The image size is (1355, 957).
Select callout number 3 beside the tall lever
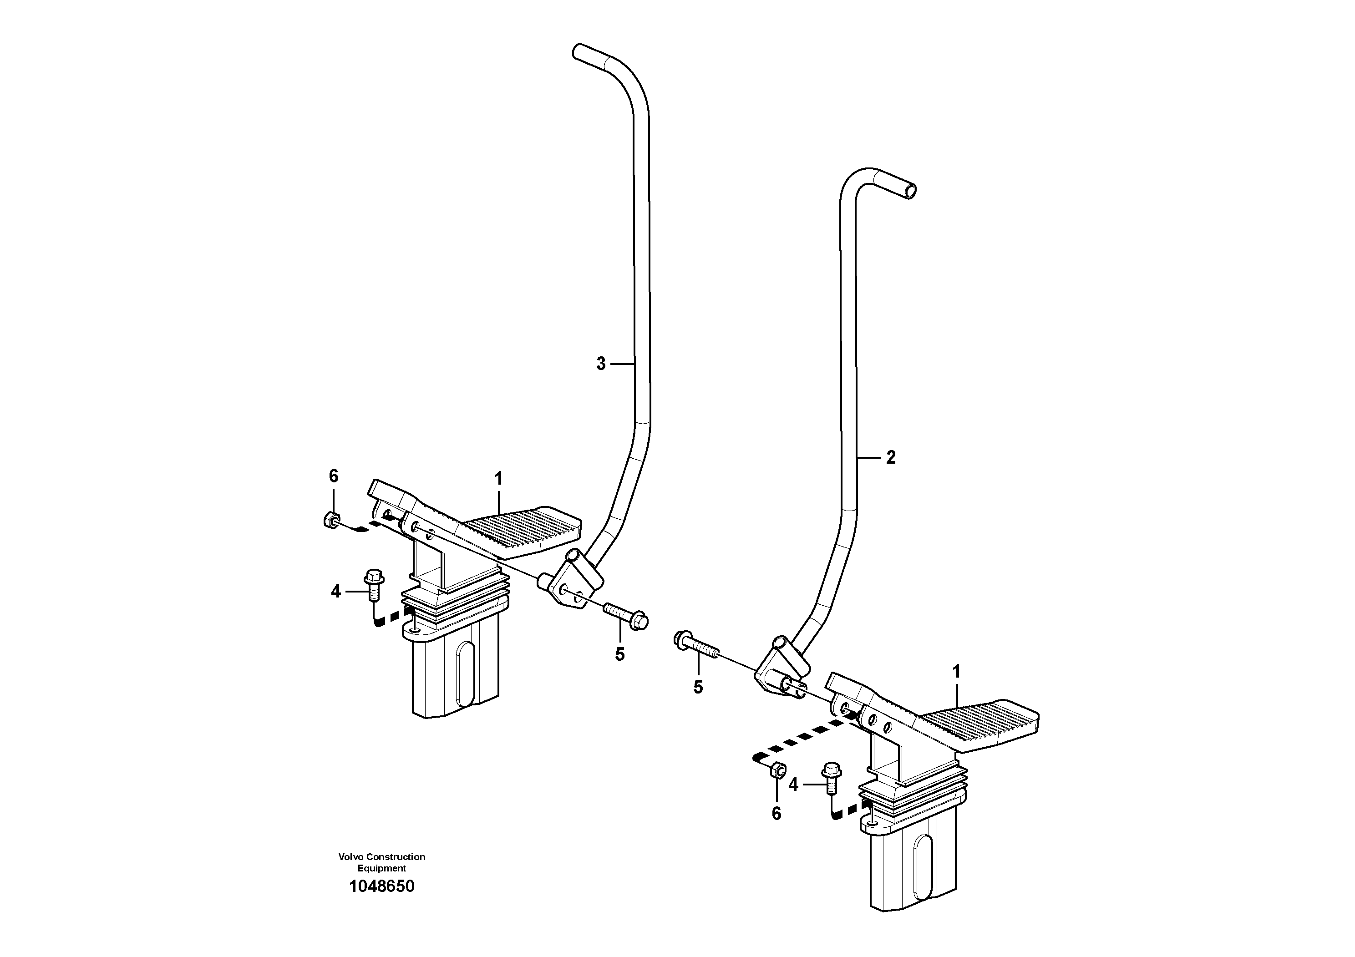601,364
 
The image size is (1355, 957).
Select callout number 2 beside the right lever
891,457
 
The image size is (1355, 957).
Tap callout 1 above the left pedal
499,479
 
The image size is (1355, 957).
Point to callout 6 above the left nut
334,476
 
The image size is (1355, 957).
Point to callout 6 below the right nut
776,814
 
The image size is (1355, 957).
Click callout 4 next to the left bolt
336,591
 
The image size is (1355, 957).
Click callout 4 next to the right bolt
793,784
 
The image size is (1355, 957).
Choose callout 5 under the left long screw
619,654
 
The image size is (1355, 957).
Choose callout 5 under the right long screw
698,687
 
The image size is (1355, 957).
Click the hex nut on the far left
331,521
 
